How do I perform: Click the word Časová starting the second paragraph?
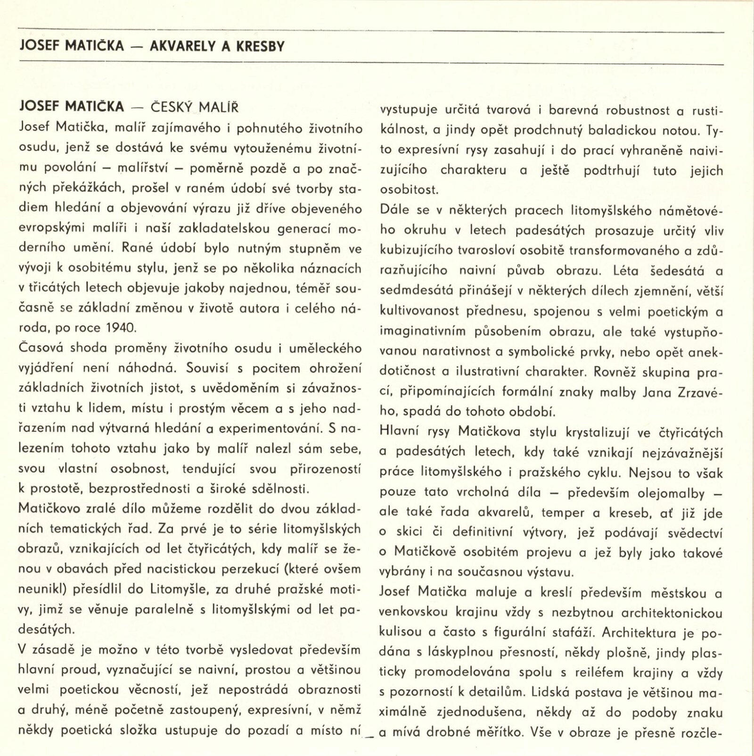[42, 348]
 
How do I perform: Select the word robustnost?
[631, 110]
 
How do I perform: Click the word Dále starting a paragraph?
[394, 210]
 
